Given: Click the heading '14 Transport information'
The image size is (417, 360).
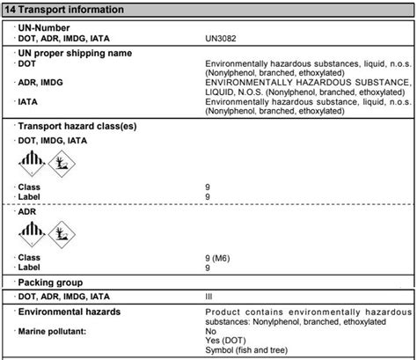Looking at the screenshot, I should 62,10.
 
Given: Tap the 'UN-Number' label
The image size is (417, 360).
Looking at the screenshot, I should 45,28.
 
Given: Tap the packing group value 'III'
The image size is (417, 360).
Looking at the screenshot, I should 208,298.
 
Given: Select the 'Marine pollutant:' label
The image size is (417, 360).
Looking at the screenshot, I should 61,331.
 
